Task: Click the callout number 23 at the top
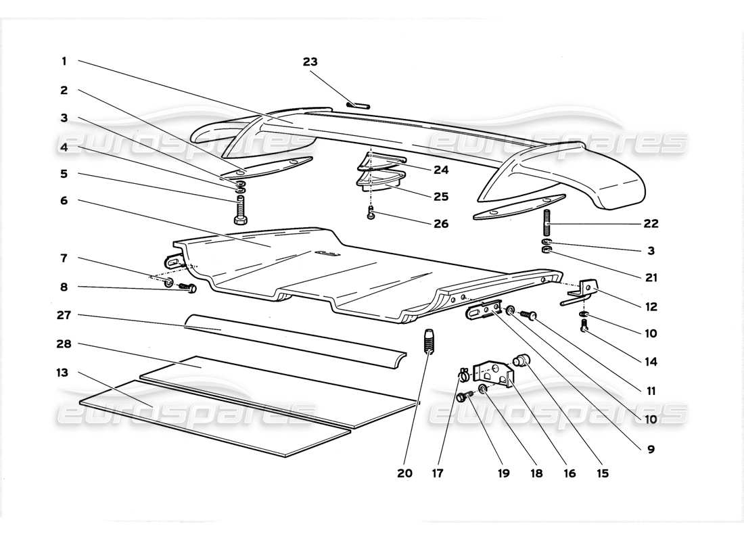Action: [x=310, y=62]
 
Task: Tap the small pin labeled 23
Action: [x=356, y=104]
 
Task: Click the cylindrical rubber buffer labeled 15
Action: [x=522, y=360]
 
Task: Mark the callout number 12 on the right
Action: [x=651, y=306]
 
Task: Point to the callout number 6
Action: [x=64, y=201]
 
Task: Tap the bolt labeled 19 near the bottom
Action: [x=463, y=398]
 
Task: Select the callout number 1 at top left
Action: [x=64, y=61]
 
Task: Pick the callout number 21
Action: [x=651, y=277]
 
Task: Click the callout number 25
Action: [x=441, y=197]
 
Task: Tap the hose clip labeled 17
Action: [x=463, y=371]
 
